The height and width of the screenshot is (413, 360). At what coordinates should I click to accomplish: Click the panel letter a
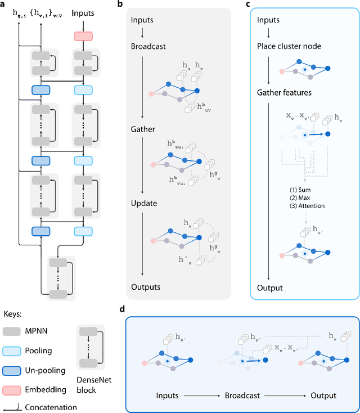(x=4, y=4)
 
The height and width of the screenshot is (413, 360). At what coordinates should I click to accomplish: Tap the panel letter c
(x=249, y=4)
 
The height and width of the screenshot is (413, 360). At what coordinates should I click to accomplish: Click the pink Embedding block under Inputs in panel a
(x=83, y=37)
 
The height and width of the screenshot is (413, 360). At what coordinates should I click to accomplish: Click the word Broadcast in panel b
(x=148, y=46)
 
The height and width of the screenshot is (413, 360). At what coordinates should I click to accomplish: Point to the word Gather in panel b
(x=143, y=129)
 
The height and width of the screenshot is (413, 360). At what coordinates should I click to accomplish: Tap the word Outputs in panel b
(x=146, y=287)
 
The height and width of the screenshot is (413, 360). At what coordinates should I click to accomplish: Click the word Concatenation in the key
(x=49, y=407)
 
